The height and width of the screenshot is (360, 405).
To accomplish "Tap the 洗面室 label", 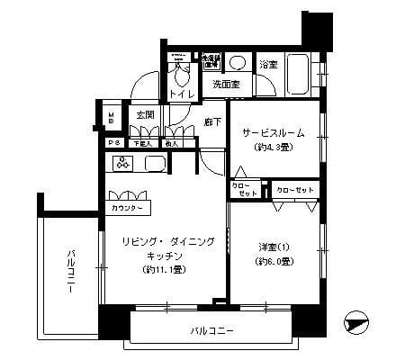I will click(x=226, y=85).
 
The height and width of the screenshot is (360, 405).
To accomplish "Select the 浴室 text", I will click(x=268, y=65).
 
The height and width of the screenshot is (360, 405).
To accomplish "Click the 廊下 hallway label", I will click(x=213, y=121).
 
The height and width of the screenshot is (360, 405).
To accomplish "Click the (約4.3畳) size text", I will click(x=273, y=147).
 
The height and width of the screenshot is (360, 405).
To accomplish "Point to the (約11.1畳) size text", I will click(x=163, y=269).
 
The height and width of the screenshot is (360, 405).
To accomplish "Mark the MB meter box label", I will click(x=112, y=117).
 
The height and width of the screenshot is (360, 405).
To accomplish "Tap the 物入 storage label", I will click(x=172, y=143).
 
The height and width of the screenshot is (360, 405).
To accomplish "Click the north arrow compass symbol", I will click(x=357, y=321).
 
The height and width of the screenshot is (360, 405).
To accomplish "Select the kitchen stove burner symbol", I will click(x=122, y=162).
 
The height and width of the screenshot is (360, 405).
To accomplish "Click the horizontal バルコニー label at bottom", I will click(x=211, y=330).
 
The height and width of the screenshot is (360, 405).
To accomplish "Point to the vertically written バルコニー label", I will click(x=70, y=269).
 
